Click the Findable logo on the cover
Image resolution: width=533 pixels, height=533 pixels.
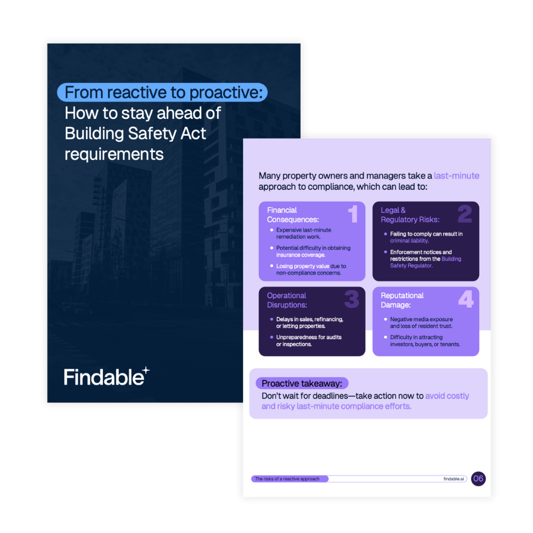107,376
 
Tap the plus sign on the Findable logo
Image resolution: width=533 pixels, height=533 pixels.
146,370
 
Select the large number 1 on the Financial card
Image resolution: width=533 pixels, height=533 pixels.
353,214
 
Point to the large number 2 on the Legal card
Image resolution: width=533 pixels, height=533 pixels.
465,214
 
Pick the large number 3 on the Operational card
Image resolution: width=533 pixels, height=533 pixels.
351,299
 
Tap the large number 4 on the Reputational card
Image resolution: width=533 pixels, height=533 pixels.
466,299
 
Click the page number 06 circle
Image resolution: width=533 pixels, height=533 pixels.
478,479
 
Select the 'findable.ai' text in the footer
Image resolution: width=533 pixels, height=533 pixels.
454,479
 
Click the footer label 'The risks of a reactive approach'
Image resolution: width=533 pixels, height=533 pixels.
287,479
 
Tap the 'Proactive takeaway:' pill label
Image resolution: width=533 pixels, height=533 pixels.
302,383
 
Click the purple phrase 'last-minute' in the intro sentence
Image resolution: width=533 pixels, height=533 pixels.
457,176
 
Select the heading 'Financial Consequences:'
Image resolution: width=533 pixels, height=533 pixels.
293,215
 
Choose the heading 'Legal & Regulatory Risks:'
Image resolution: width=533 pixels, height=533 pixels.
410,215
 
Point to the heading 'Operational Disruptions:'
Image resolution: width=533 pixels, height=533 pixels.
287,300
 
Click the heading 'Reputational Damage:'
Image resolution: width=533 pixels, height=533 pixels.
402,300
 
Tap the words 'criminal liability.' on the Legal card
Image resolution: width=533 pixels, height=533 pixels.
409,241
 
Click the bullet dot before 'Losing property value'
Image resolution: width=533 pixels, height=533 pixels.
272,266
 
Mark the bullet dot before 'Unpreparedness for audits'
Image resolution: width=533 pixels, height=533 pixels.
272,337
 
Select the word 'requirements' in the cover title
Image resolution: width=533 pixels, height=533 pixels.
114,155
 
